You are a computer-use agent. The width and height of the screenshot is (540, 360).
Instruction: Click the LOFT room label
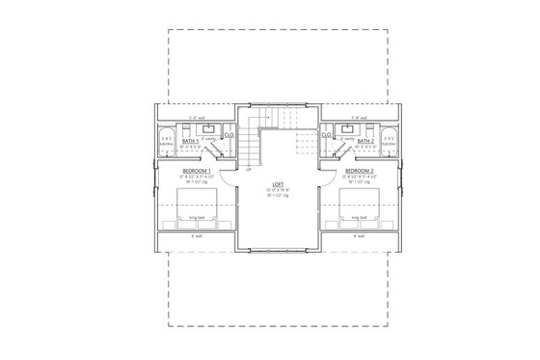pos(277,183)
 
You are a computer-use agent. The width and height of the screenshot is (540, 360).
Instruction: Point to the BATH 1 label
pos(190,141)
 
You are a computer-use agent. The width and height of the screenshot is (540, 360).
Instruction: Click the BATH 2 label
pos(365,141)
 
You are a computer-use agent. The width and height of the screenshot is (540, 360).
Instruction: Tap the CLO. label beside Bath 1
pos(229,135)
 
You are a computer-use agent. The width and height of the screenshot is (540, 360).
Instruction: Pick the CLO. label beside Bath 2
pos(327,135)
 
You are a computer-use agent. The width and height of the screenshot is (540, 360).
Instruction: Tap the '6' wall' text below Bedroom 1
pos(196,235)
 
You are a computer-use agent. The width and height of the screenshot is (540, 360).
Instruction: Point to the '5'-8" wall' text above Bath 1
pos(196,118)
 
